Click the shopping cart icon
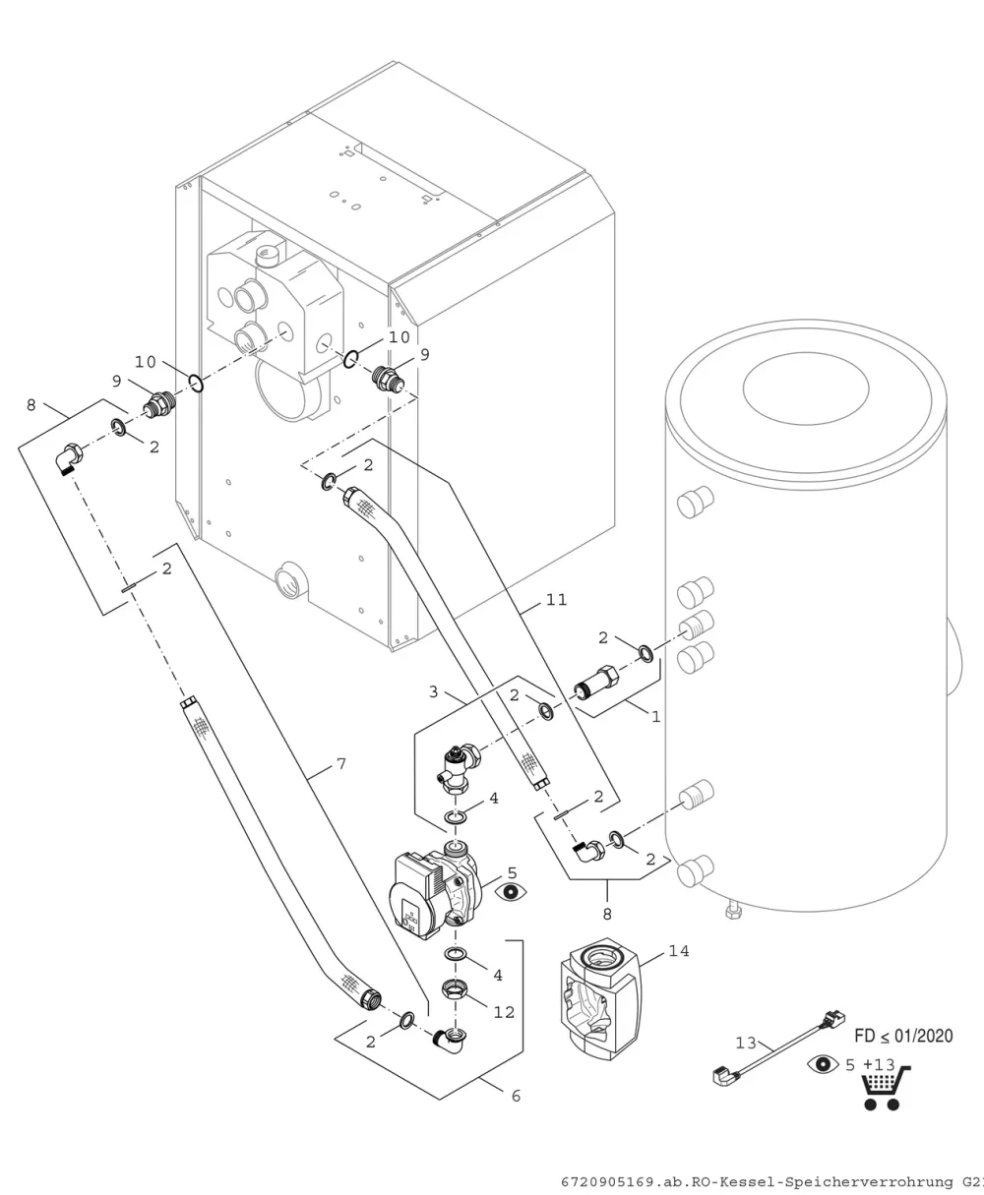tap(885, 1088)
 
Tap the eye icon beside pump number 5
tap(511, 892)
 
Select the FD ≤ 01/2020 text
tap(903, 1036)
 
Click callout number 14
tap(679, 951)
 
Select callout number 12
tap(504, 1012)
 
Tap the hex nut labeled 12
tap(455, 988)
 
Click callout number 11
tap(556, 600)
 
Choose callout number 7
tap(341, 764)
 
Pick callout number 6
tap(516, 1096)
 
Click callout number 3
tap(434, 691)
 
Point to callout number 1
tap(655, 717)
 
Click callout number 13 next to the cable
tap(745, 1044)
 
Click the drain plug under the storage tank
tap(733, 912)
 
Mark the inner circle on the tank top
tap(806, 388)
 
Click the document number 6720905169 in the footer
tap(607, 1182)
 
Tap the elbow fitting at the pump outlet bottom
tap(450, 1042)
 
